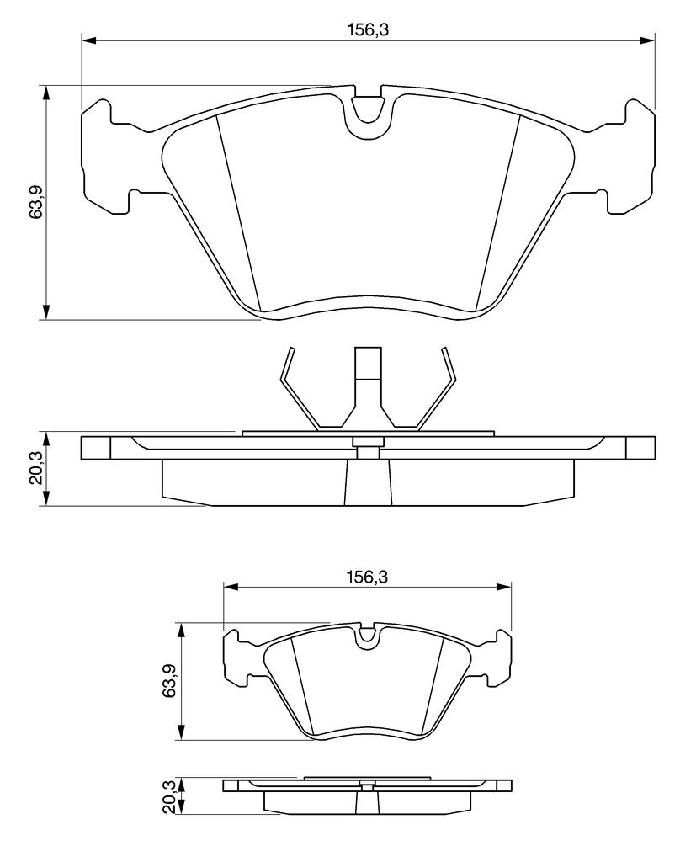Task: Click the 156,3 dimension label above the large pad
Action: pyautogui.click(x=367, y=29)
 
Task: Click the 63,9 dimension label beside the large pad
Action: pyautogui.click(x=36, y=202)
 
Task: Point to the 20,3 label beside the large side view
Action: pyautogui.click(x=36, y=468)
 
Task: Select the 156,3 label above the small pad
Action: pyautogui.click(x=367, y=577)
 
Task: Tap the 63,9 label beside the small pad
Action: pyautogui.click(x=170, y=681)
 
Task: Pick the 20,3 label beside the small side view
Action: pyautogui.click(x=170, y=796)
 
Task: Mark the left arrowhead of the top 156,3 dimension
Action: pyautogui.click(x=88, y=40)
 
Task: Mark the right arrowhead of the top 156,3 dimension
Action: pyautogui.click(x=648, y=40)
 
